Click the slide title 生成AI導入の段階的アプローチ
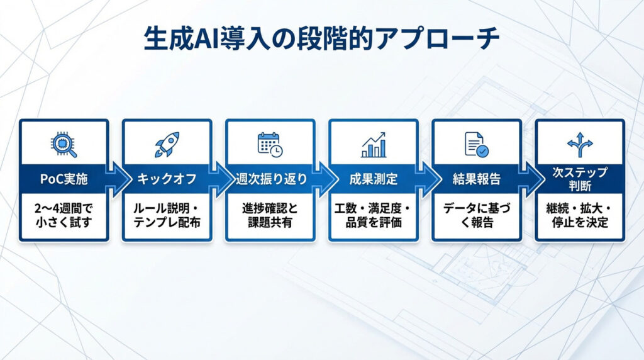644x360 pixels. (x=321, y=39)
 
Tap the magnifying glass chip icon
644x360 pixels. (x=64, y=145)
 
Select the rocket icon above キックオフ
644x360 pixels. (x=167, y=144)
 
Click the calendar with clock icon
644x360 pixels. (x=270, y=145)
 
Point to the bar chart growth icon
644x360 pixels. (x=374, y=145)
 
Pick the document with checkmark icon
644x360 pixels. (x=477, y=144)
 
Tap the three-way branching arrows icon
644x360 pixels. (x=580, y=145)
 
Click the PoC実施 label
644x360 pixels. (x=64, y=179)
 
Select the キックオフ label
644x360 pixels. (x=167, y=179)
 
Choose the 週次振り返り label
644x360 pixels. (x=271, y=179)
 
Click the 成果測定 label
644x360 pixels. (x=374, y=179)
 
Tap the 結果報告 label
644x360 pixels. (x=477, y=179)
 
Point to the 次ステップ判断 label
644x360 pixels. (x=580, y=179)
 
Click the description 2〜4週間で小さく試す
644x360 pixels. (x=64, y=215)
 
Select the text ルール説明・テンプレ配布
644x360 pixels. (x=167, y=215)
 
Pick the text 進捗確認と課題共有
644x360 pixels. (x=270, y=215)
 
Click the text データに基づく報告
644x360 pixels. (x=477, y=215)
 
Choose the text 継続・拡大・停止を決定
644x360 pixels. (x=580, y=215)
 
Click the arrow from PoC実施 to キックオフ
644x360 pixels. (x=118, y=179)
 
